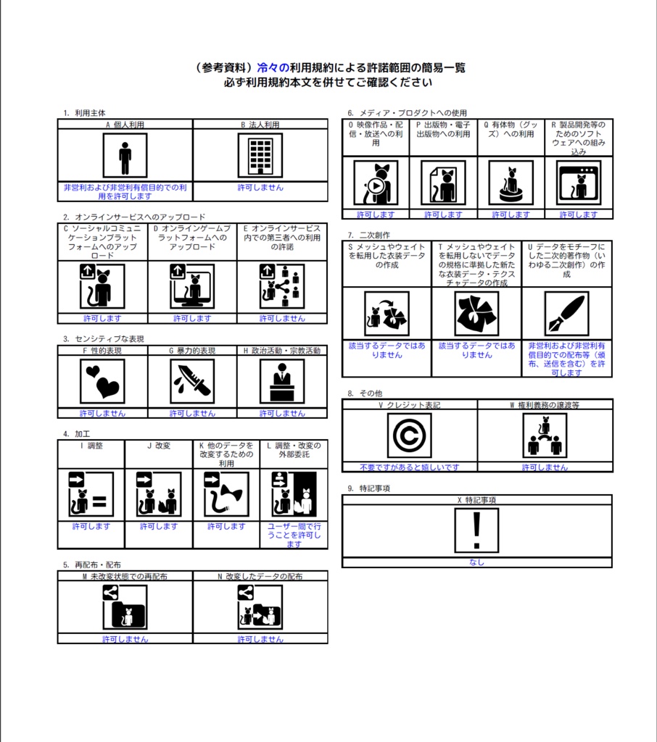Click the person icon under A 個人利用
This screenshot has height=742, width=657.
coord(125,156)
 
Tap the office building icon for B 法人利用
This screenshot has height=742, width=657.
coord(260,156)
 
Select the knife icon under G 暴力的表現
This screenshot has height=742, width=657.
coord(192,381)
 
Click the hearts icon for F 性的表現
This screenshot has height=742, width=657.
coord(102,381)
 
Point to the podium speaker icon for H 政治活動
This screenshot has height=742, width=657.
coord(282,381)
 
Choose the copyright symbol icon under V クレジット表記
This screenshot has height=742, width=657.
coord(409,435)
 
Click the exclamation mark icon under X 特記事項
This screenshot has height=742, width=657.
coord(476,530)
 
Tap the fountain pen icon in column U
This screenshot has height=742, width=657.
coord(566,314)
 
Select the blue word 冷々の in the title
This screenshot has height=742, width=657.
coord(273,67)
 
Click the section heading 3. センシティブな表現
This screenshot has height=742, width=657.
coord(104,339)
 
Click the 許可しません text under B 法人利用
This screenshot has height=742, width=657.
coord(260,188)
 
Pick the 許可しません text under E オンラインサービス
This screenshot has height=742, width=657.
coord(282,319)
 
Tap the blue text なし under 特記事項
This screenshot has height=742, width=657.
coord(476,562)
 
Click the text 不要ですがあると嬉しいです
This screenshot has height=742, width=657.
coord(410,467)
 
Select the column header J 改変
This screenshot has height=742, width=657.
coord(159,446)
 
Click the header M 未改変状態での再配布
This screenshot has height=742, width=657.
coord(125,576)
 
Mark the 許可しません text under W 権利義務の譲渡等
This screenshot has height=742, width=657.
coord(545,467)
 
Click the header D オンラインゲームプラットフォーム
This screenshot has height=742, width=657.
coord(192,238)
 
